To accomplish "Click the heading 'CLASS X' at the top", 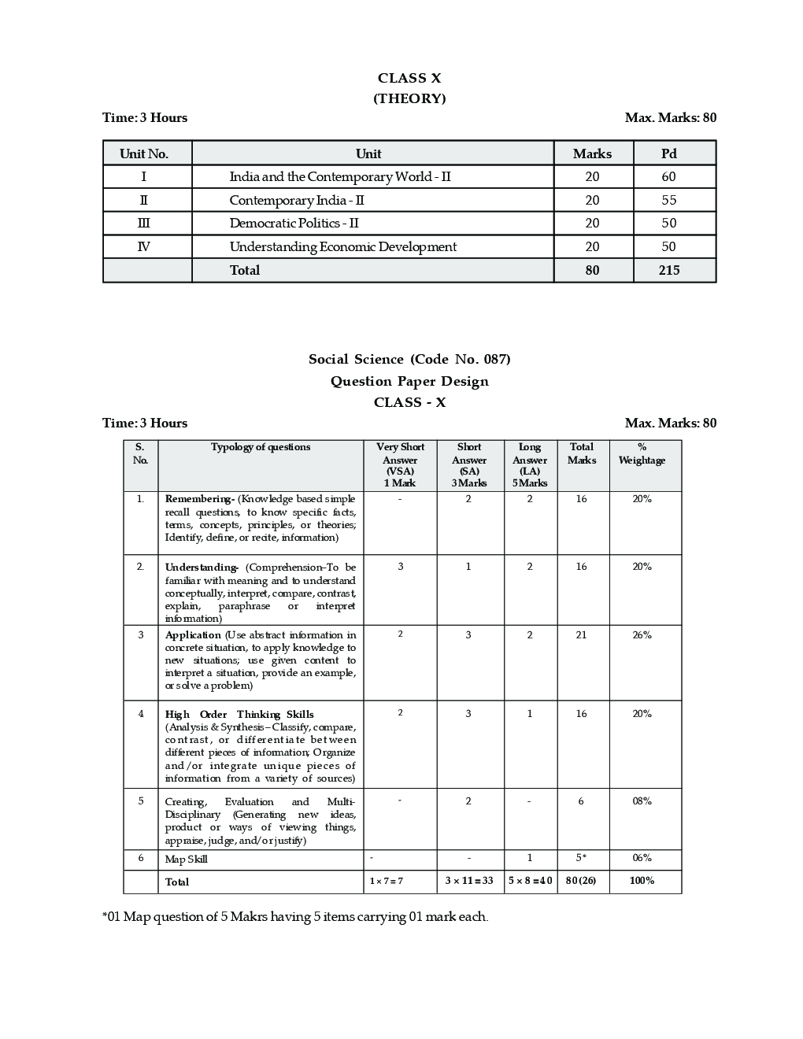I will click(409, 78).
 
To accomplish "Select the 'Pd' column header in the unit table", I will click(669, 153).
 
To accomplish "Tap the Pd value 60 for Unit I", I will click(669, 177).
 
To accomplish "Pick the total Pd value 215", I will click(669, 270).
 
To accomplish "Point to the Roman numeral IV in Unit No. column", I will click(143, 247).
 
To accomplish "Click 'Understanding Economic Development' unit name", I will click(342, 247).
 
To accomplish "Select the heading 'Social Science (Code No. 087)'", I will click(409, 360).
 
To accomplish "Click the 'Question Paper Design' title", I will click(409, 382).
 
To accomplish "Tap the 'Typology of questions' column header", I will click(261, 447).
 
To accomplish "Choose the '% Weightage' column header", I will click(642, 454).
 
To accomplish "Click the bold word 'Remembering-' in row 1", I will click(199, 499).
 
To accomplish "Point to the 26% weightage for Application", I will click(642, 635).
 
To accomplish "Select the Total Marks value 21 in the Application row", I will click(581, 635).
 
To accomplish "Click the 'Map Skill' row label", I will click(186, 860).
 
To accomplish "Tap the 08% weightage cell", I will click(642, 801).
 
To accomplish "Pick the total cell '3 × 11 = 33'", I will click(469, 881).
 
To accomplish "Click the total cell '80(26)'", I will click(581, 881).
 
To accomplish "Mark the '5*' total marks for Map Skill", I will click(581, 858).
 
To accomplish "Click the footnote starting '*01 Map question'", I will click(295, 917).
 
